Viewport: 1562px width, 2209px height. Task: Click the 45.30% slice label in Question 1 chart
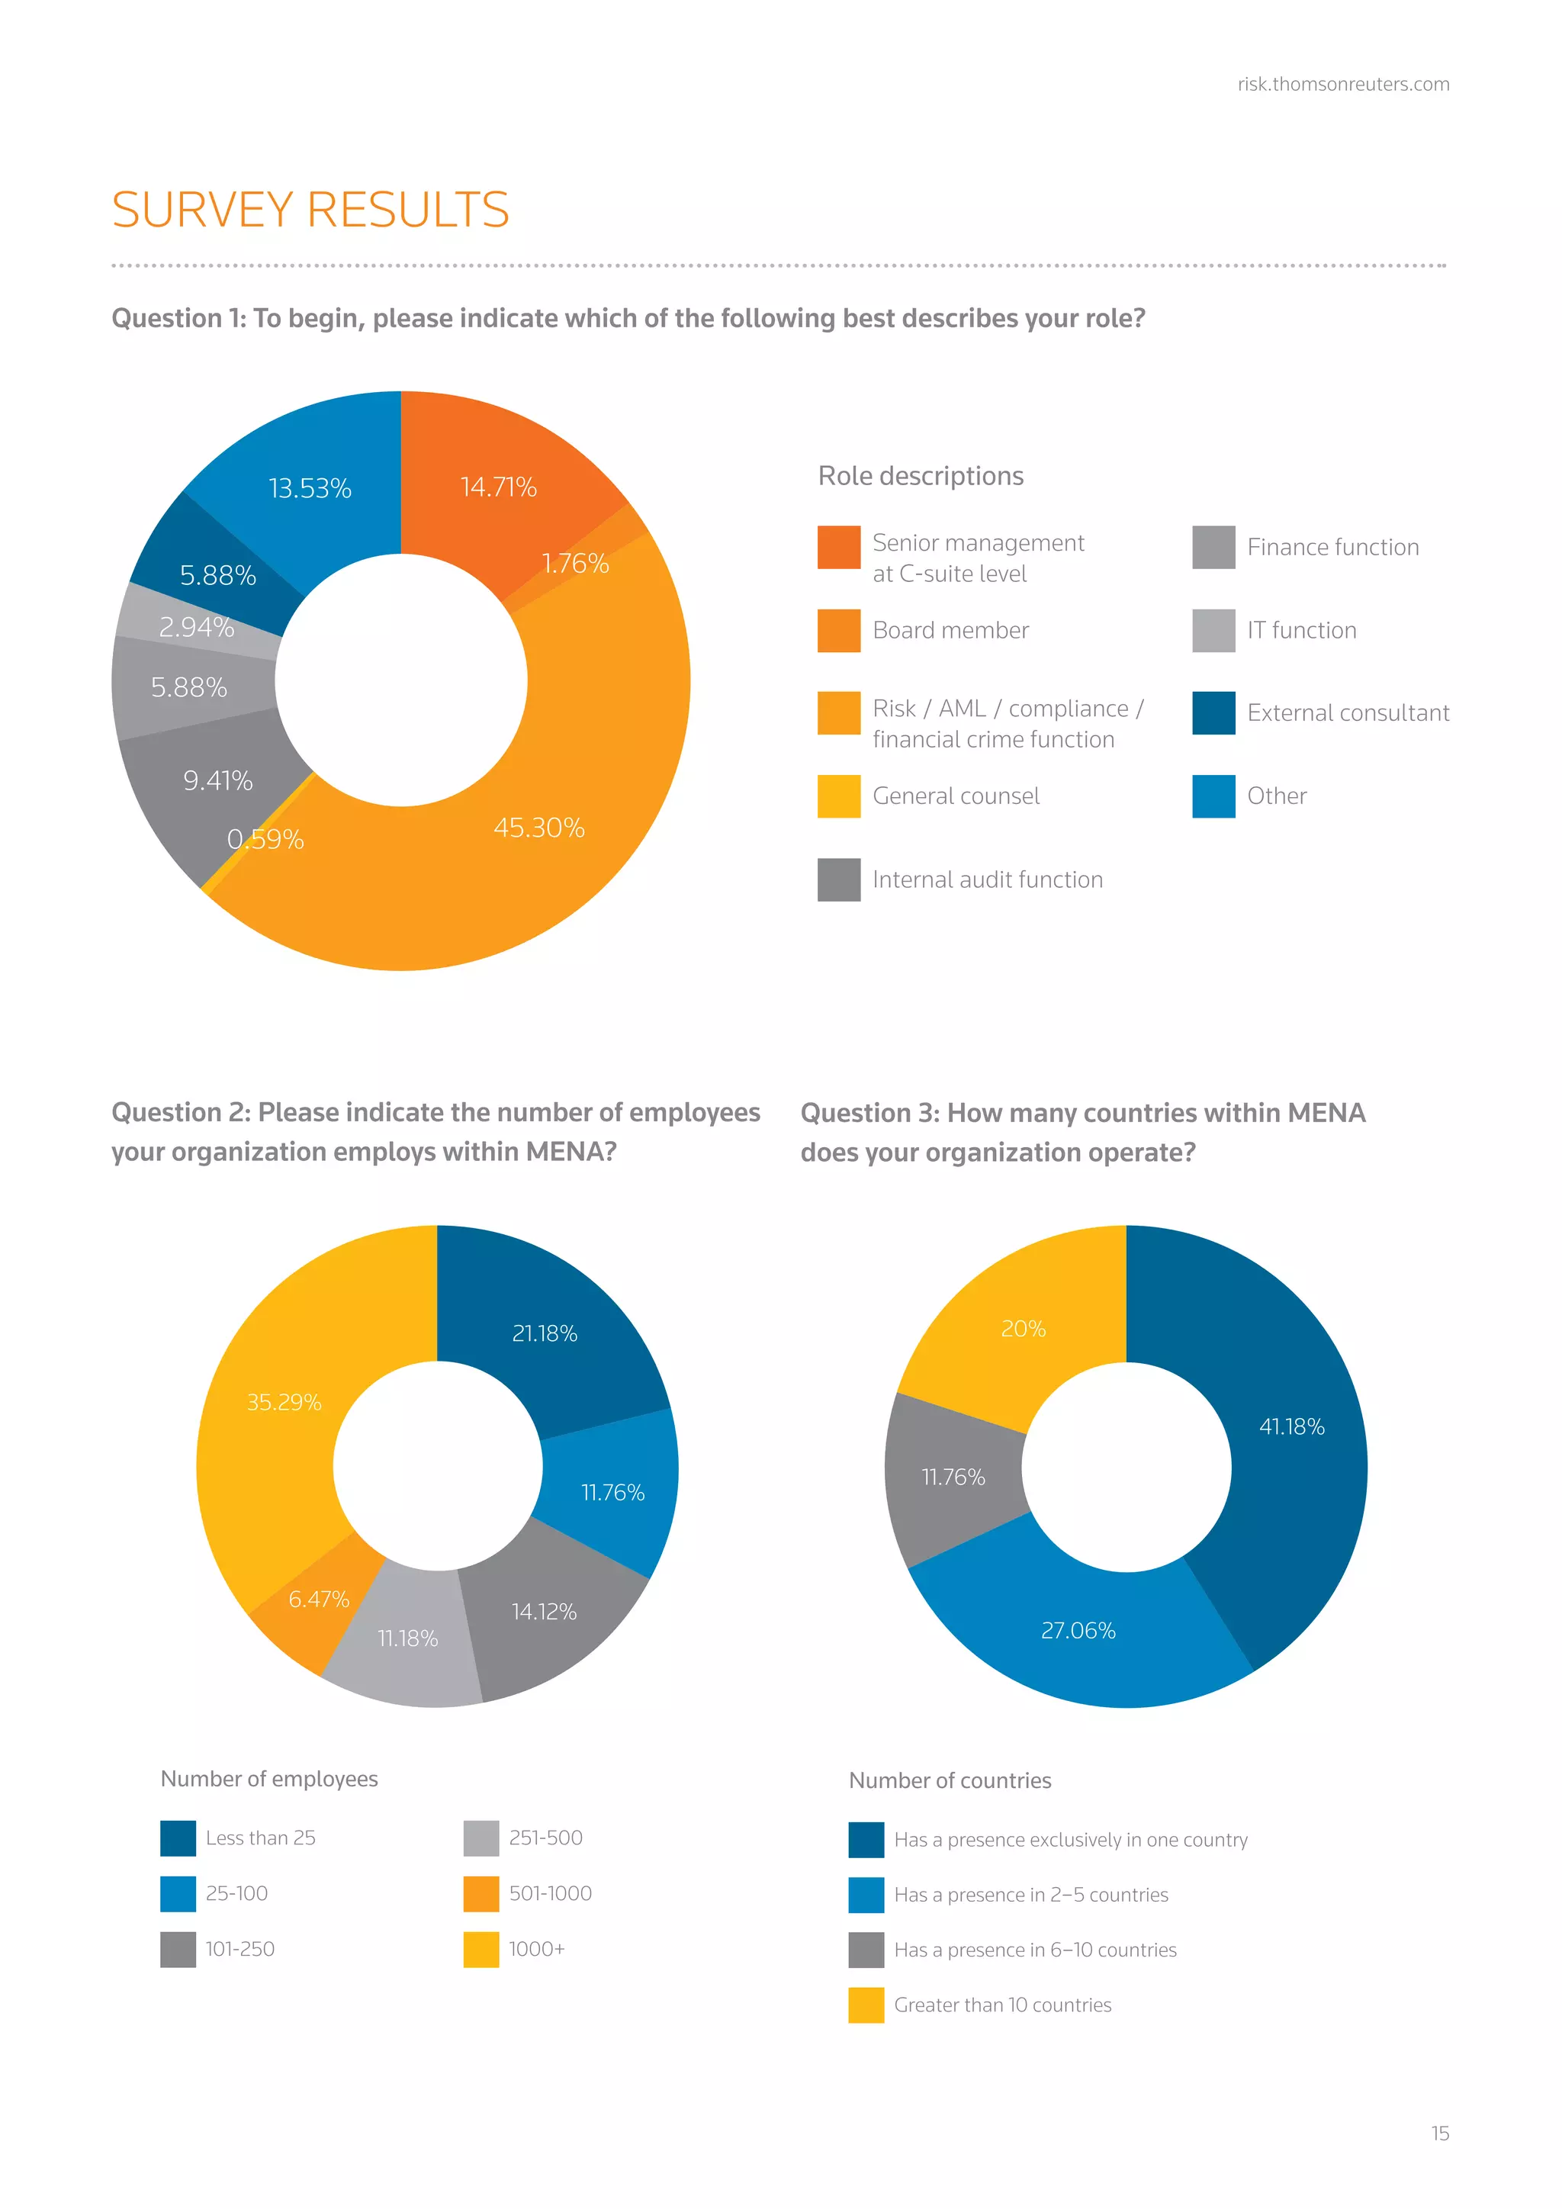point(538,828)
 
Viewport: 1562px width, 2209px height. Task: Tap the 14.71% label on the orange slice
point(498,487)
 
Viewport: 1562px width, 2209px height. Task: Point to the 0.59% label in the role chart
point(265,840)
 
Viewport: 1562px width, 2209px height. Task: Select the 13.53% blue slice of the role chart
point(310,489)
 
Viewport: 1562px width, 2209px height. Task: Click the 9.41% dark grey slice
point(218,780)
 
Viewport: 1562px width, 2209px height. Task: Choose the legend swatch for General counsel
point(839,796)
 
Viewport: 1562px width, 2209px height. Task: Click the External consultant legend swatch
point(1213,713)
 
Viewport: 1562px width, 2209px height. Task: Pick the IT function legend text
point(1301,630)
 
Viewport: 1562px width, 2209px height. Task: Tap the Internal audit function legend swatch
point(839,879)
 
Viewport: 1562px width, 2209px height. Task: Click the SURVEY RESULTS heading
point(310,210)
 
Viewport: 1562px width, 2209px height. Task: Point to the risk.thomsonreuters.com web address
point(1342,85)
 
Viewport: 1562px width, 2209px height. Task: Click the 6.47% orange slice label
point(318,1599)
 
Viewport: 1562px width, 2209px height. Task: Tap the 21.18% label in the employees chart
point(545,1333)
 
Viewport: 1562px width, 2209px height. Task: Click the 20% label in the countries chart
point(1023,1329)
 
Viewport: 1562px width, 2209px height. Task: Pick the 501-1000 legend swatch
point(481,1893)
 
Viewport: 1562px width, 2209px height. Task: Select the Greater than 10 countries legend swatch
point(866,2005)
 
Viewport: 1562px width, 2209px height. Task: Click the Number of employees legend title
point(269,1779)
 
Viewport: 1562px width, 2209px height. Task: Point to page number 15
point(1439,2133)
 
